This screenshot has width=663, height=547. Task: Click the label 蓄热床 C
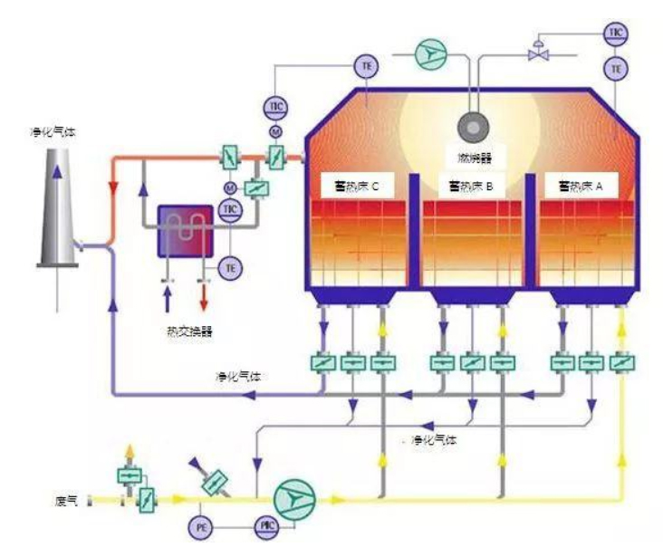pos(355,187)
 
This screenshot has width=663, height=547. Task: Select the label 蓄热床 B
pos(471,187)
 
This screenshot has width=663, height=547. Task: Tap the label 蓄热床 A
pos(586,187)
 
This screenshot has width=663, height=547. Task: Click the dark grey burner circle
pos(471,125)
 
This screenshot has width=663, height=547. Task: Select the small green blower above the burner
pos(430,54)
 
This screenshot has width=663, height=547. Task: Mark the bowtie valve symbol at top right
pos(540,54)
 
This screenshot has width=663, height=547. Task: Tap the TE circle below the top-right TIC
pos(617,68)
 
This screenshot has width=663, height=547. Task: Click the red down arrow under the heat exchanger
pos(203,297)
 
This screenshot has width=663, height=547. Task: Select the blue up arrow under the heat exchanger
pos(167,297)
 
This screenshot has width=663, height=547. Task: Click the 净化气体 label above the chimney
pos(52,132)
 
